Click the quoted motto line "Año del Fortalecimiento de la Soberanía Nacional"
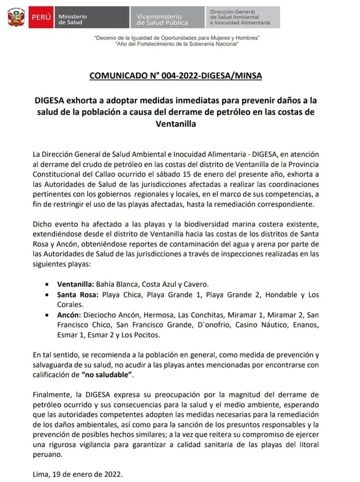click(177, 43)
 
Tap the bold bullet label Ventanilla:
click(75, 284)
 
